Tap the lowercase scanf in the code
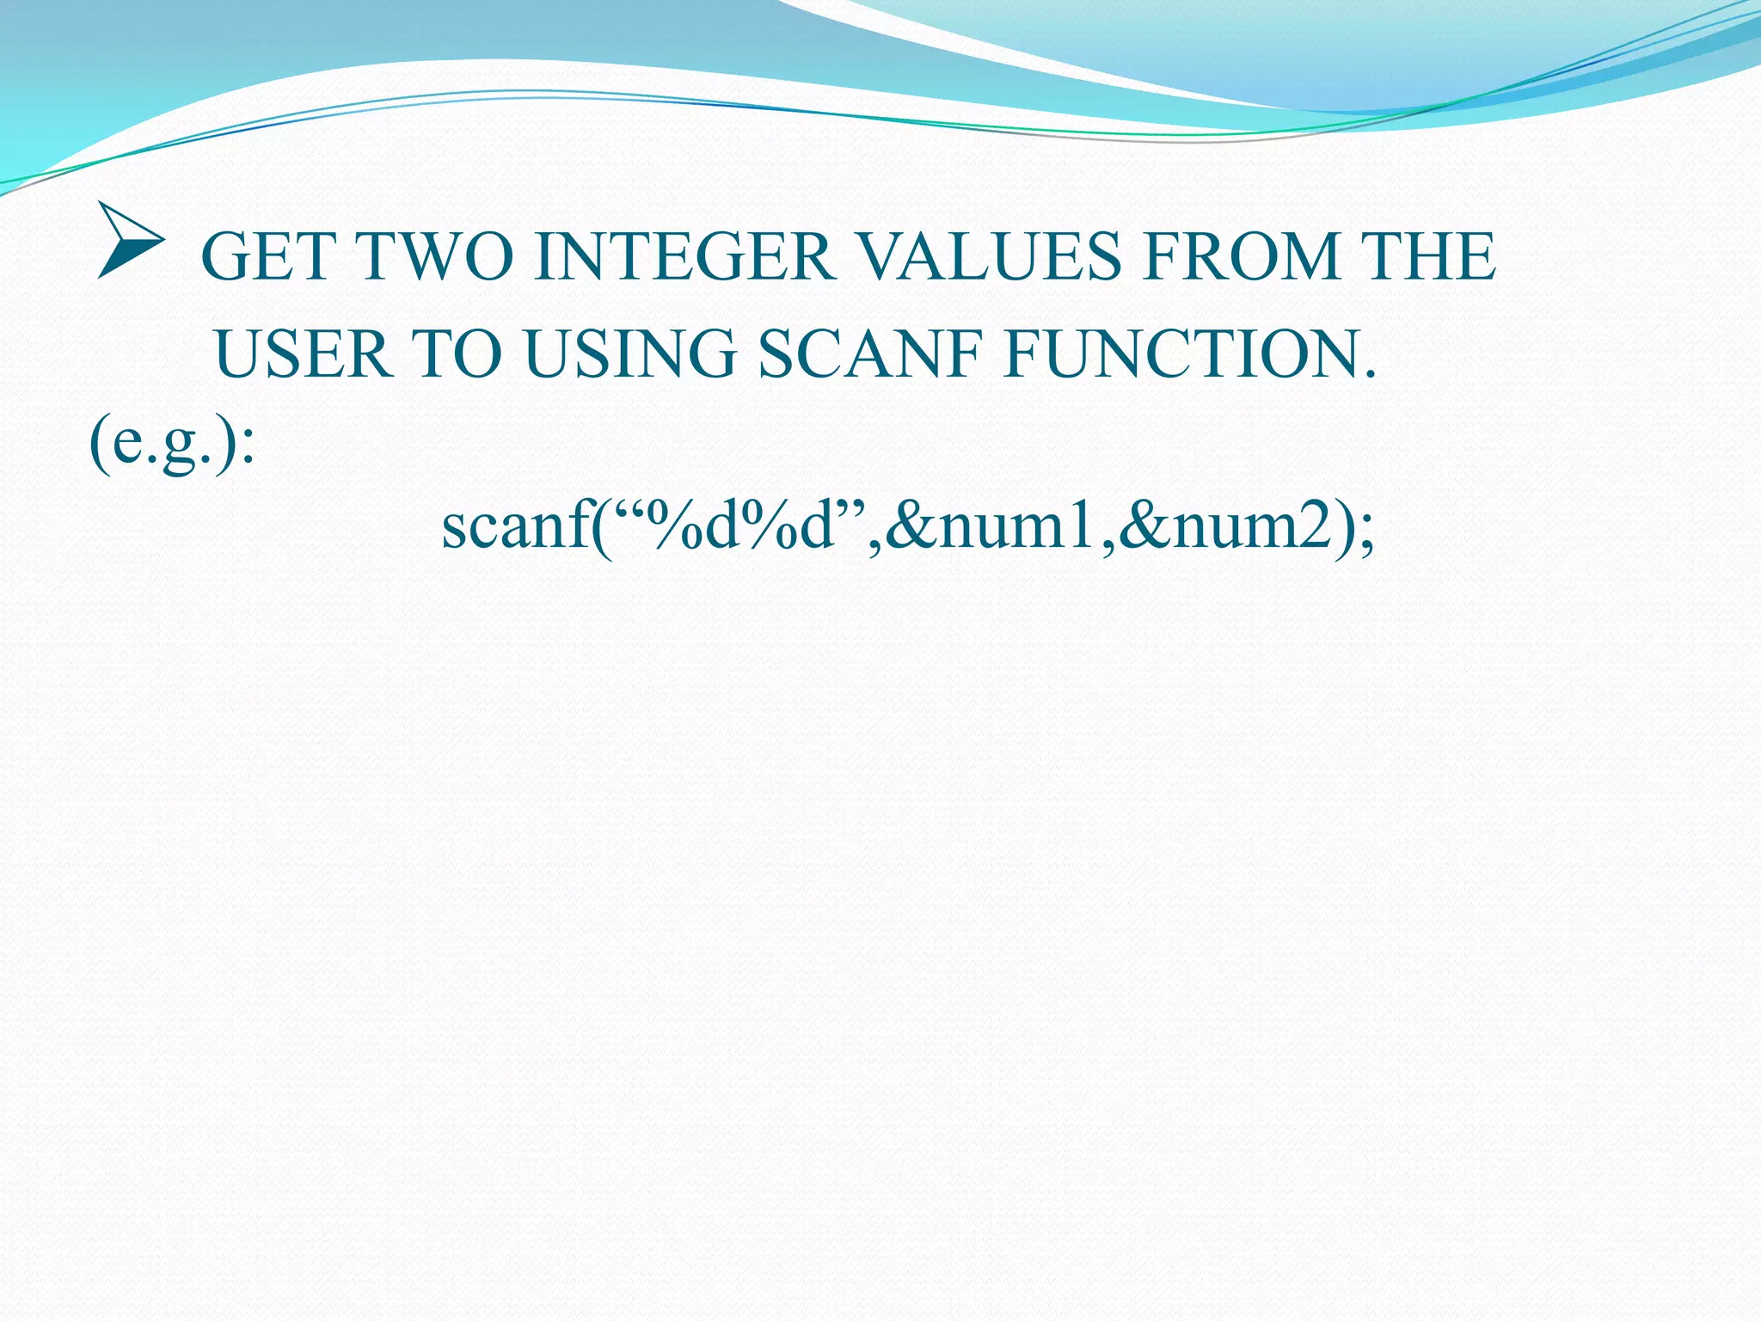[515, 525]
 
